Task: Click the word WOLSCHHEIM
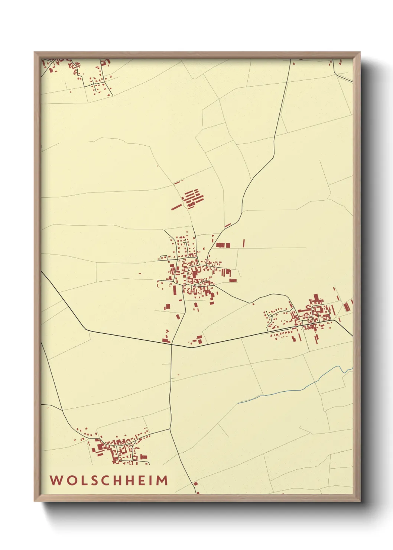109,481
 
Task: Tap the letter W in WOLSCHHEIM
56,481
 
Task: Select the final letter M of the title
162,481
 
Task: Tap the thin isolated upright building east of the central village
244,243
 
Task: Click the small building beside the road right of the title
195,484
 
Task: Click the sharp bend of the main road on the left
86,329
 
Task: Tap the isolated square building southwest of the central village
168,307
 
